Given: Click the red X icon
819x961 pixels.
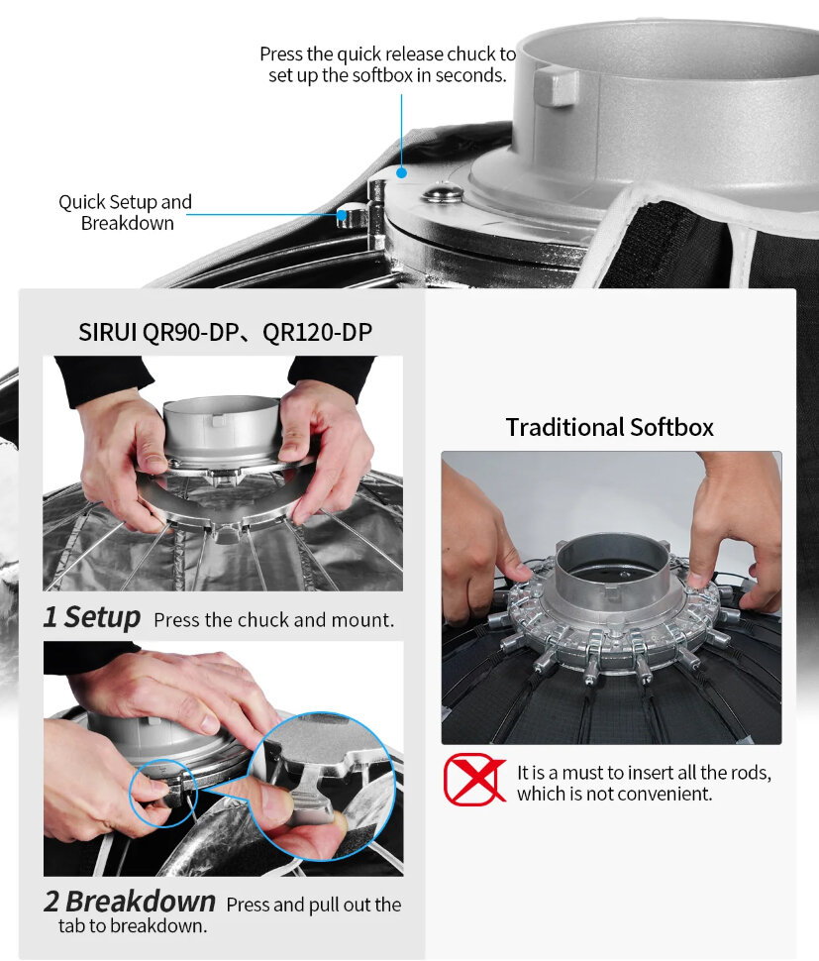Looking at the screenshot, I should [x=473, y=779].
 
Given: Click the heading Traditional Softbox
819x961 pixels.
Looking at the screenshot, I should [x=609, y=427].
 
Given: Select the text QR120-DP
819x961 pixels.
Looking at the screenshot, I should [x=317, y=332].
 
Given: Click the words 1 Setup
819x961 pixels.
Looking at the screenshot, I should [x=91, y=617].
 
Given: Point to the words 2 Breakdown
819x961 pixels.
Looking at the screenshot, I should [x=129, y=902].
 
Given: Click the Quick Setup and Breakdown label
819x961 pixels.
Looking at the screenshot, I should [x=126, y=212].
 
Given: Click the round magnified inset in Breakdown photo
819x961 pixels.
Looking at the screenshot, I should [x=319, y=782].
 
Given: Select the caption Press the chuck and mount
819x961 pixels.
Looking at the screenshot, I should [x=273, y=621].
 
